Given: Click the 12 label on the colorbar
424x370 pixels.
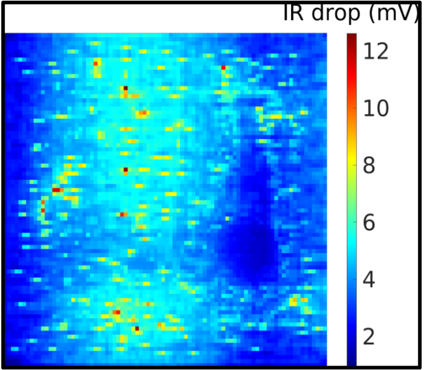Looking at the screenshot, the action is (x=376, y=51).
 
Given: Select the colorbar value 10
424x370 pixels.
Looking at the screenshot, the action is (x=376, y=109).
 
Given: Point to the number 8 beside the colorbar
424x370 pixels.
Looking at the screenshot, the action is (x=369, y=165).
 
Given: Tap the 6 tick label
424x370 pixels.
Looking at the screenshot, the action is (x=369, y=222).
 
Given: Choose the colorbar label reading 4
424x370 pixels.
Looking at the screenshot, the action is (x=369, y=280).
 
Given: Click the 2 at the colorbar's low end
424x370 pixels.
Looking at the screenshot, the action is (x=369, y=337).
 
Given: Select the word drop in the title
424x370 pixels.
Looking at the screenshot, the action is (x=336, y=14).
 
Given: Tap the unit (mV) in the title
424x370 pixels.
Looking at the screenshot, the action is (x=393, y=14).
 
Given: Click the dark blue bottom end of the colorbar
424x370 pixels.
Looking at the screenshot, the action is (x=352, y=362).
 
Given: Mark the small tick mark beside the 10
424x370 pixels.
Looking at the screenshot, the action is (x=355, y=109).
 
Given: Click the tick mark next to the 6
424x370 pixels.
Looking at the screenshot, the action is (x=355, y=222).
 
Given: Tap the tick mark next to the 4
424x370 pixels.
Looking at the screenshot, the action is (x=355, y=280).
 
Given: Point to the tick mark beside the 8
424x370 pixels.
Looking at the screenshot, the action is (x=355, y=165).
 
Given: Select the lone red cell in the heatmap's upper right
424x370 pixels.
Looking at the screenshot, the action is (x=223, y=68).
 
